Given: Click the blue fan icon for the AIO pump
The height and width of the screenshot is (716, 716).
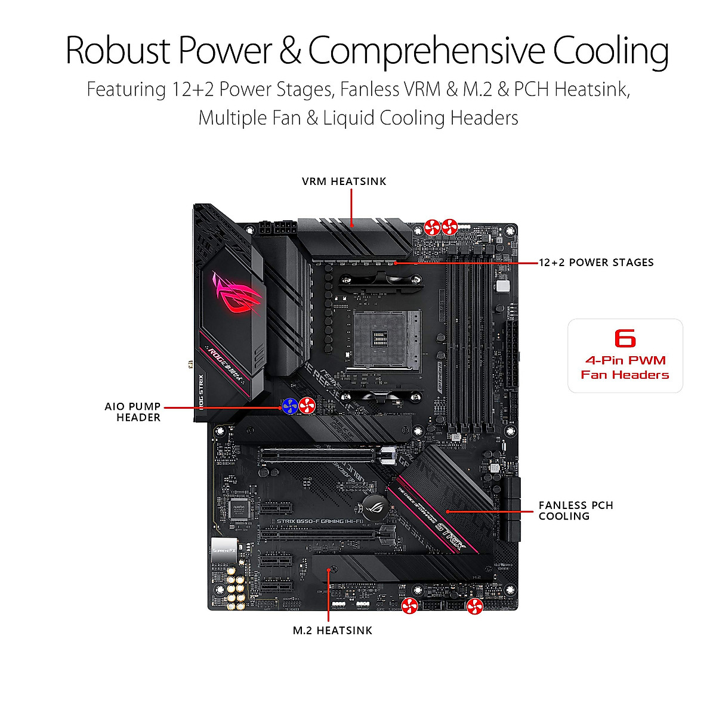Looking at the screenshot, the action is [290, 406].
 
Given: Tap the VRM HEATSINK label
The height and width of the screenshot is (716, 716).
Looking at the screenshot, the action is [344, 181].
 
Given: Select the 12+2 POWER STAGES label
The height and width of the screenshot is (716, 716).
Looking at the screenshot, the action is [596, 263].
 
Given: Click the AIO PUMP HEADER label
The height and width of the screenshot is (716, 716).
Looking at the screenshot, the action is [133, 412].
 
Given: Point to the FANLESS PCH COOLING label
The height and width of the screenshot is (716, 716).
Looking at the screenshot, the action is [575, 511].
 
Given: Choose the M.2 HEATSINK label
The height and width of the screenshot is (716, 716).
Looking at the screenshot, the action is [332, 631].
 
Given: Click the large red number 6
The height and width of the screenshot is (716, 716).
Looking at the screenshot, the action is [625, 338].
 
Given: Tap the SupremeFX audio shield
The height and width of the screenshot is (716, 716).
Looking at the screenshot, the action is [225, 550].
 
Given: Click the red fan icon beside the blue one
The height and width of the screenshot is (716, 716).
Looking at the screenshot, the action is [307, 406].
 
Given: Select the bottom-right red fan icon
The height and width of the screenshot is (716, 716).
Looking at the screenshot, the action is [474, 607].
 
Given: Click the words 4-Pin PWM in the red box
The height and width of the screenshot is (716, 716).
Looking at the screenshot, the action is [625, 360].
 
